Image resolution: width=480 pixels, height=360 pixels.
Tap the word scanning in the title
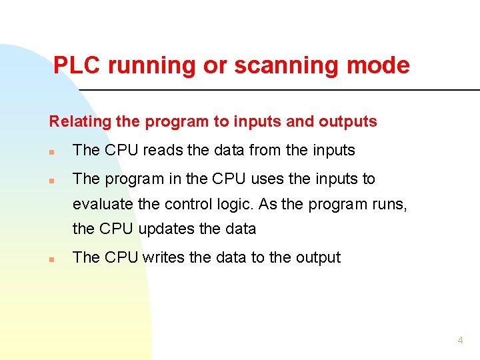tap(291, 65)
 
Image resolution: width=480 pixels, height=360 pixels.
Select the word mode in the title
tap(381, 65)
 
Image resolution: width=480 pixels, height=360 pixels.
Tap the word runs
tap(389, 204)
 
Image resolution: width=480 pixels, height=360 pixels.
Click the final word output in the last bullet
tap(319, 258)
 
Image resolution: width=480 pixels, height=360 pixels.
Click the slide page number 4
tap(460, 340)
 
